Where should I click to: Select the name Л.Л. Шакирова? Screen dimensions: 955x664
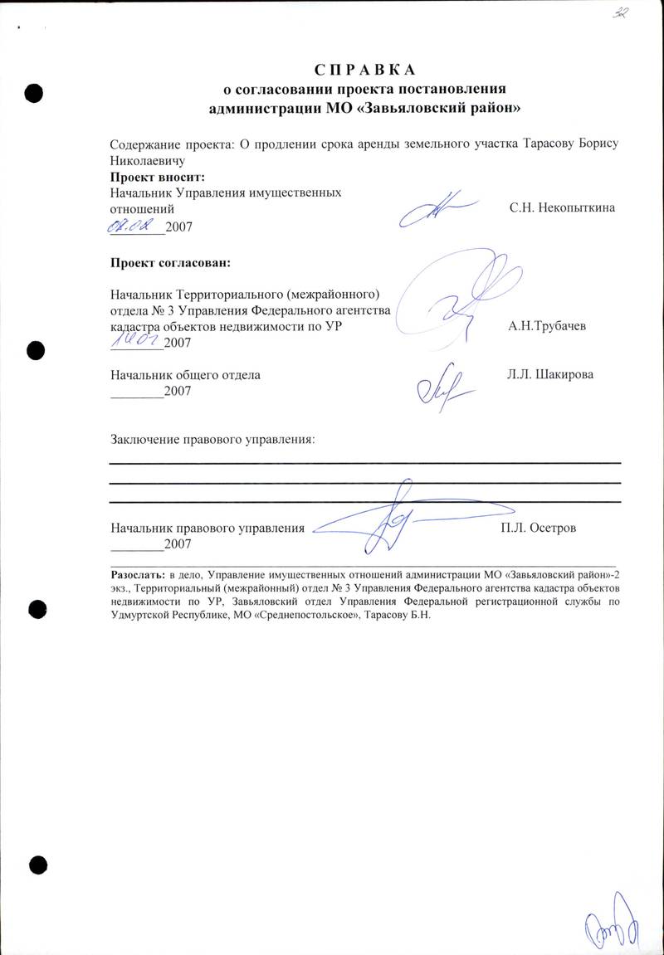click(549, 375)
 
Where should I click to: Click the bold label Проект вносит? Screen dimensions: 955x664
click(158, 177)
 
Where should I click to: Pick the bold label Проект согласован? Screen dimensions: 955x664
click(170, 264)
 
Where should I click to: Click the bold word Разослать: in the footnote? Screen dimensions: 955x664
click(139, 573)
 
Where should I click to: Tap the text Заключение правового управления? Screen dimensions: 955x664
click(213, 438)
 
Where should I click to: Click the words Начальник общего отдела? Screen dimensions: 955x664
click(186, 375)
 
